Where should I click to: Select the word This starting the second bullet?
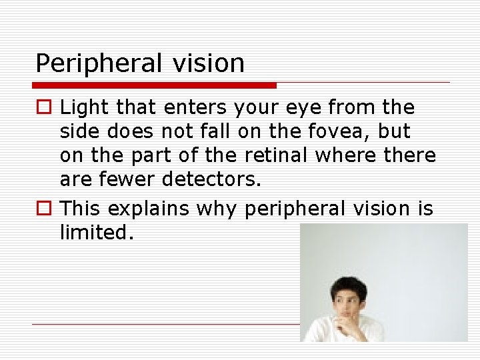coord(81,209)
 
